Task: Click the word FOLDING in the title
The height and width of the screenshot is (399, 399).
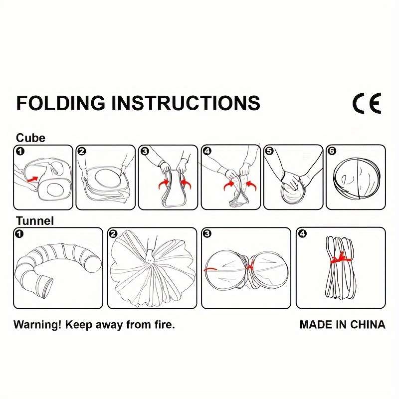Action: coord(60,103)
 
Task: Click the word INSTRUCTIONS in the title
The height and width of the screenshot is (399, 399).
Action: coord(186,103)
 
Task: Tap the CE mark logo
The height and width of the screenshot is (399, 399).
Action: coord(367,103)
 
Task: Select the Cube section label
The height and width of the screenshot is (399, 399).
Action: coord(30,138)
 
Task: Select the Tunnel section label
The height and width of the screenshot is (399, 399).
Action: coord(35,220)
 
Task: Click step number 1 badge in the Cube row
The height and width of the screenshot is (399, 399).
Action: coord(20,152)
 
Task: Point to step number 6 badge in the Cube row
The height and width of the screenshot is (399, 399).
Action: coord(332,151)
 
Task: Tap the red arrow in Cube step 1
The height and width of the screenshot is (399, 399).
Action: coord(32,179)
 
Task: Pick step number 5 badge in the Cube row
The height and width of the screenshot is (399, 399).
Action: coord(269,151)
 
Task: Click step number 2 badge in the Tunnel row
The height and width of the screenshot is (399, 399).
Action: coord(114,233)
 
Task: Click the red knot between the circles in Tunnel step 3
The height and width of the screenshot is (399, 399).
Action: coord(249,267)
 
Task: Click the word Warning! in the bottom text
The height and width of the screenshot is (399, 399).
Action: coord(37,325)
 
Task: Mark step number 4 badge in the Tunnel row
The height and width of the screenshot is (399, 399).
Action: coord(303,233)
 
